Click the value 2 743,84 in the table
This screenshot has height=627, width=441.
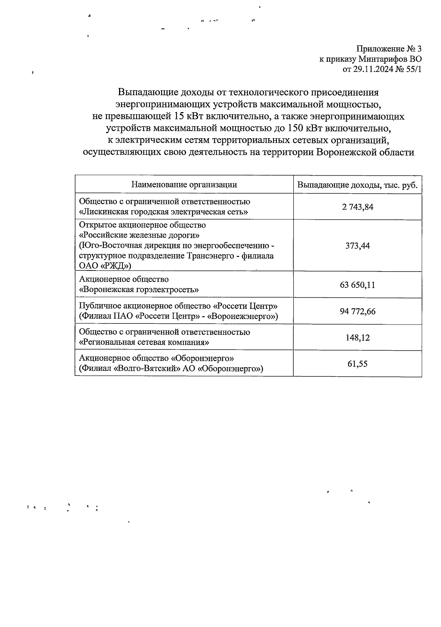(357, 207)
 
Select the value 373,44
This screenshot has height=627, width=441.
(357, 246)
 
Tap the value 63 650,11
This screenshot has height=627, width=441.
(357, 285)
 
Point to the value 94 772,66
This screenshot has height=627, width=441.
(357, 311)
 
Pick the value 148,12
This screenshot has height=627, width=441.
(357, 337)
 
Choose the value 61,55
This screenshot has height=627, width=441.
(357, 364)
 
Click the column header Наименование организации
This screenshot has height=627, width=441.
(184, 184)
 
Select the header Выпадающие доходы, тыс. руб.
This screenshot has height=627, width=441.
(357, 185)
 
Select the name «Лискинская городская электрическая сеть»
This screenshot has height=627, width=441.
(164, 212)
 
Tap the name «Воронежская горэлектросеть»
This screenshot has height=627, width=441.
(139, 290)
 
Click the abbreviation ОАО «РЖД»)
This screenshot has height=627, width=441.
(105, 266)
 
